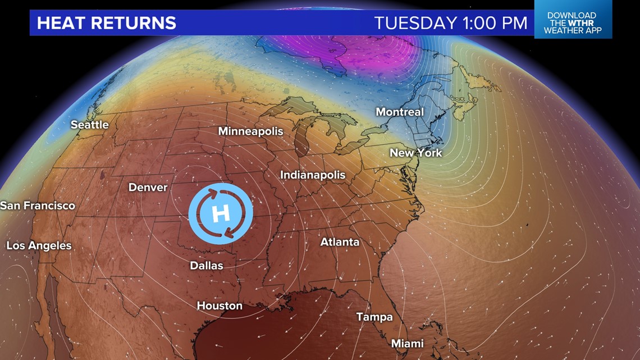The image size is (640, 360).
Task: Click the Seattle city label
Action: coord(89,125)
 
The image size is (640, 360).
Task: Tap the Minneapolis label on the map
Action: coord(250,131)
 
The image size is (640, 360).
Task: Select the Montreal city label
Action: coord(399,112)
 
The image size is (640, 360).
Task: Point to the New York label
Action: coord(415,153)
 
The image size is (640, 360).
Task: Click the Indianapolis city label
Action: coord(312,175)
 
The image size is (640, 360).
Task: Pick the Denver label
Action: coord(148,187)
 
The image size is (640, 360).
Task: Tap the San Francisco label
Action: coord(38,206)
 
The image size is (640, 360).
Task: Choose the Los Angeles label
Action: coord(39,245)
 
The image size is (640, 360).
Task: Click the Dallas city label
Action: coord(206,266)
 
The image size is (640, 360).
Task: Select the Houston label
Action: coord(220,306)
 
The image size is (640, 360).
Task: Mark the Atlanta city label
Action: coord(340,243)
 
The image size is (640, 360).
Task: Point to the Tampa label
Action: coord(374,317)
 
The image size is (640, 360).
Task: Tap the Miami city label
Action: coord(407,343)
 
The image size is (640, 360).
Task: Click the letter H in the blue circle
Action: coord(221,213)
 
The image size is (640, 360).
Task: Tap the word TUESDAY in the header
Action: coord(415,23)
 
